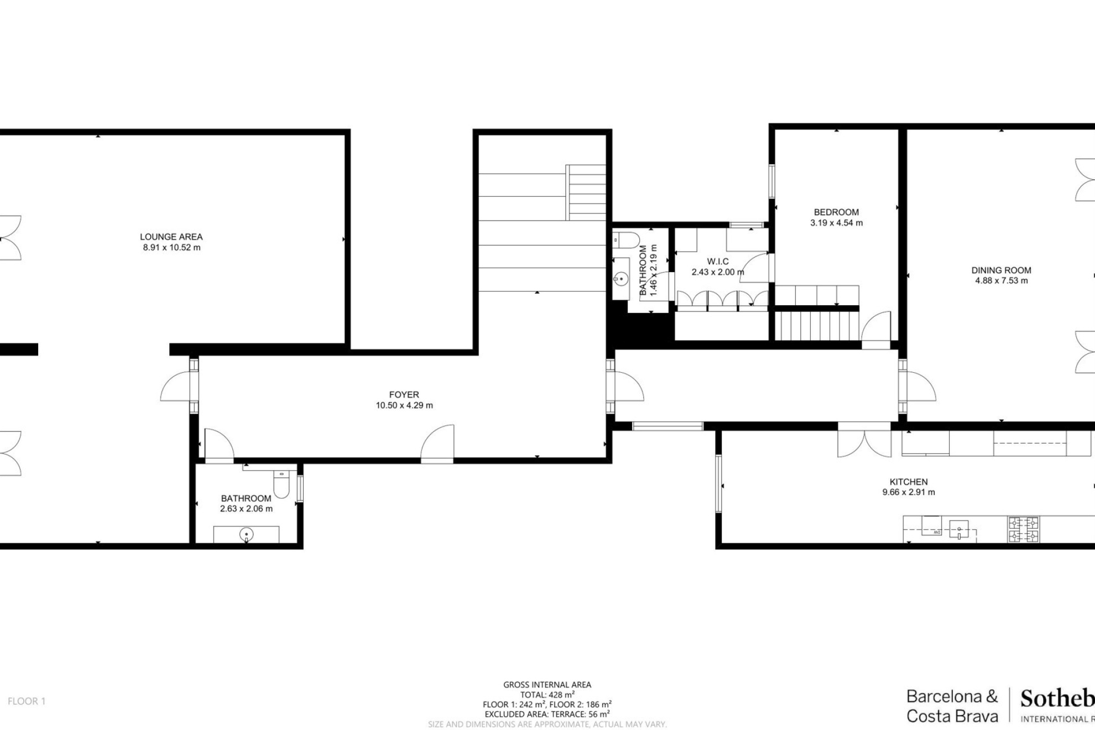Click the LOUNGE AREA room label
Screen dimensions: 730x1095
[171, 237]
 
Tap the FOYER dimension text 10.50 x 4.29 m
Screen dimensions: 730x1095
[404, 405]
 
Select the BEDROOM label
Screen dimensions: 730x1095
[836, 212]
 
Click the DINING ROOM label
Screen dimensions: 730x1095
[1001, 270]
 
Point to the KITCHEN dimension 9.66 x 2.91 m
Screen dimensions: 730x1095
[909, 492]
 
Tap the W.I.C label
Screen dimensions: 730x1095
[718, 262]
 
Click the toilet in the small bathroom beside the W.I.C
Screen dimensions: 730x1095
[625, 239]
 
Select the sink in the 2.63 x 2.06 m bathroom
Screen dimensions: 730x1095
[247, 534]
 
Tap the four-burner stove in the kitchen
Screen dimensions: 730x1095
[1023, 529]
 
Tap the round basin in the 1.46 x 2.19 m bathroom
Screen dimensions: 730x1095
[622, 279]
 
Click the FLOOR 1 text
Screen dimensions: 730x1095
[27, 701]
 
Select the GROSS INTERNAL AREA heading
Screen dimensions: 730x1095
[547, 685]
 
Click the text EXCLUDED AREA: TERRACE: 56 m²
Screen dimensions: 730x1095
[547, 714]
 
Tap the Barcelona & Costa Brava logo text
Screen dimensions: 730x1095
[952, 706]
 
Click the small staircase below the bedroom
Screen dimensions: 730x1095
[816, 326]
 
